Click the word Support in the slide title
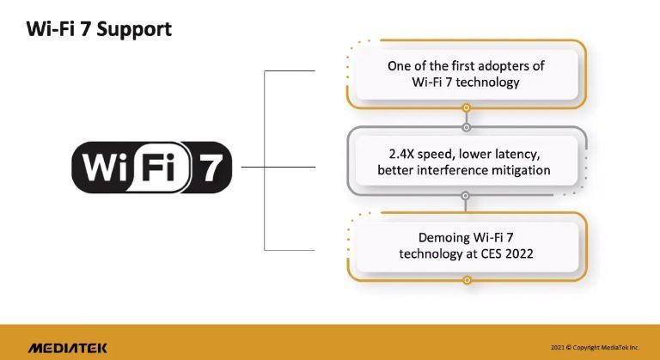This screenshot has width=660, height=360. point(134,30)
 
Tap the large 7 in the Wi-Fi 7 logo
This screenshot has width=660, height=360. point(211,168)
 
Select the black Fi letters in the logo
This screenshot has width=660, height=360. point(158,167)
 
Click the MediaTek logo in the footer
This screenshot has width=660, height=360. point(67,348)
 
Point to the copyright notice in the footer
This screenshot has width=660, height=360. point(595,347)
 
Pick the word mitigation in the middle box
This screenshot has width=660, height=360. point(514,170)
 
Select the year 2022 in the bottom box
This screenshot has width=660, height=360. point(519,254)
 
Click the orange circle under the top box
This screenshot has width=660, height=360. point(466,108)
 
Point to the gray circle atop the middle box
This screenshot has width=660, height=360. point(466,127)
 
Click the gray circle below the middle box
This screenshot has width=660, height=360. point(465,195)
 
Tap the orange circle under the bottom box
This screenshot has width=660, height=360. point(467,280)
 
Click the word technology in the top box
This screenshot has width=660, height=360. point(487,82)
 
